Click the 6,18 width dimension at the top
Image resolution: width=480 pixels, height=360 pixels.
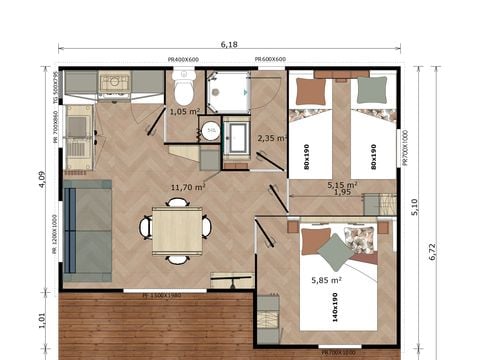[229, 45]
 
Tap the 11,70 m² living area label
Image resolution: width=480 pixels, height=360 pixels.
[188, 187]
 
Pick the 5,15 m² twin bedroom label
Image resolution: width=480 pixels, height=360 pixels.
[343, 185]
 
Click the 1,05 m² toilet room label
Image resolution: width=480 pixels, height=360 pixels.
[184, 112]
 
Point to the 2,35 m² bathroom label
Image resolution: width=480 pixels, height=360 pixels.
[272, 138]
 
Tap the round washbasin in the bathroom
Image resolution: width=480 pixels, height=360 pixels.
[211, 131]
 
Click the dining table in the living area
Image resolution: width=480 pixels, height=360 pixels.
[177, 229]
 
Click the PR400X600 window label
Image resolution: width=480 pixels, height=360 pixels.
[186, 60]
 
